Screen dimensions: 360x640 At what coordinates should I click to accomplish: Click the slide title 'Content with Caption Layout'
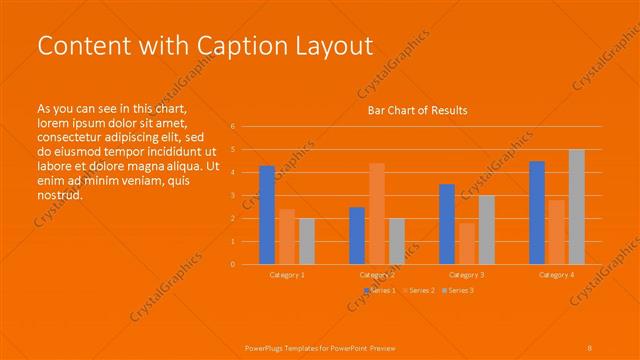click(204, 46)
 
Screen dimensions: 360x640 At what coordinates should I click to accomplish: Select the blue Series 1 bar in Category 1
click(267, 215)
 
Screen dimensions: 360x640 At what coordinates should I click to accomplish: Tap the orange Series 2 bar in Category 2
click(376, 213)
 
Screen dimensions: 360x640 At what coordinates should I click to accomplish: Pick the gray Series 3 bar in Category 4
click(576, 206)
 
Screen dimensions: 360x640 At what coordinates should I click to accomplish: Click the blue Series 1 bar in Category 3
click(447, 224)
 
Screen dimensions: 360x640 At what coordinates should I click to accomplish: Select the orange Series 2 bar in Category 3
click(466, 243)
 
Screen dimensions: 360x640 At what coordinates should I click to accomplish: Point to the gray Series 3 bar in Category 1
click(306, 241)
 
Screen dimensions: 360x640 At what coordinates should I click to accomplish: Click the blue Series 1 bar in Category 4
click(537, 212)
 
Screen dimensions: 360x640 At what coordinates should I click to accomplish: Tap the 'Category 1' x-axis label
click(287, 274)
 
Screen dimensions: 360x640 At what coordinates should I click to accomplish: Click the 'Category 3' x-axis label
click(467, 274)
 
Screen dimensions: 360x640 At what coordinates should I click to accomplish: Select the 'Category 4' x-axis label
click(557, 274)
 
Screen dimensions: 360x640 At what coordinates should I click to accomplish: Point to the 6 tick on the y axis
click(232, 127)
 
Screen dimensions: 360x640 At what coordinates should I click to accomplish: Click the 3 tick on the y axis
click(232, 195)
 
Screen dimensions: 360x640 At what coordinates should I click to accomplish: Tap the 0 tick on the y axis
click(232, 264)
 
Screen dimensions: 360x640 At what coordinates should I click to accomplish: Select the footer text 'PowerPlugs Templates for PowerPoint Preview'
click(320, 347)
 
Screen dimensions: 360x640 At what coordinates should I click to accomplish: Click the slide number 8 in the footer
click(590, 347)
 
